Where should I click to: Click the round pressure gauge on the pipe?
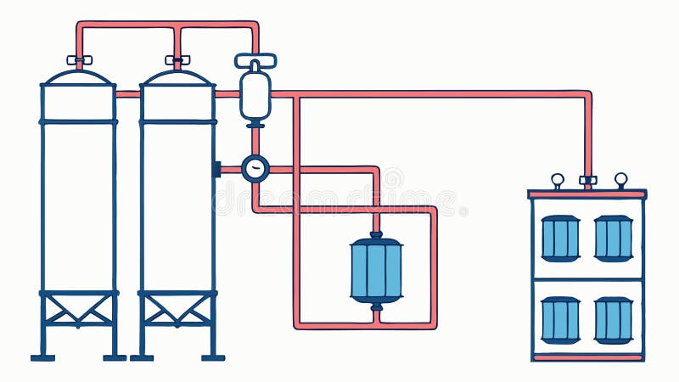(x=255, y=169)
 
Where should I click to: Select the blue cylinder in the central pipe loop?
(x=376, y=270)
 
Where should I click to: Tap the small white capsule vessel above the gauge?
(x=255, y=95)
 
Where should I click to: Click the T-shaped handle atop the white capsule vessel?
(x=255, y=60)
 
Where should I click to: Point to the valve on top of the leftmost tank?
(x=79, y=60)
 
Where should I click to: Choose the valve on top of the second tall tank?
(x=177, y=60)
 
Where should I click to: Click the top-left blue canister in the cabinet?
(x=560, y=238)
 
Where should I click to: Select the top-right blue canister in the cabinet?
(x=613, y=238)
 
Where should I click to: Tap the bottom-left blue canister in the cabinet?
(x=560, y=320)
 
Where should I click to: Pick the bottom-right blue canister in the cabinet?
(x=613, y=320)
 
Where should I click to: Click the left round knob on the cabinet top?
(x=558, y=179)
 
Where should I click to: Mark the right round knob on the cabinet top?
(x=620, y=179)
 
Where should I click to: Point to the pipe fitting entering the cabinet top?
(x=587, y=180)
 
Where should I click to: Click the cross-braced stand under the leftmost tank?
(x=79, y=310)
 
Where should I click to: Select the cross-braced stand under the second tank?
(x=177, y=310)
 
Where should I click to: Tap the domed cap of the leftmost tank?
(x=79, y=78)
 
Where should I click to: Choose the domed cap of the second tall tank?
(x=177, y=78)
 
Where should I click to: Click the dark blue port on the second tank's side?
(x=216, y=169)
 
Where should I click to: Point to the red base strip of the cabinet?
(x=587, y=357)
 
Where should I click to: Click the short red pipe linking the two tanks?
(x=127, y=94)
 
